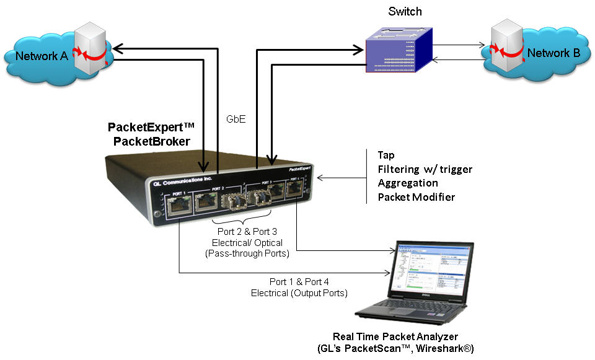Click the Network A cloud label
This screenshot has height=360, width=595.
[41, 56]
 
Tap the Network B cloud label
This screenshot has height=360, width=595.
[553, 53]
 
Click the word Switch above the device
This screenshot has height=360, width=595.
[405, 12]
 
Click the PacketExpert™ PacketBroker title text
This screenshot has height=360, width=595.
[151, 134]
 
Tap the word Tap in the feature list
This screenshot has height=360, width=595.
[387, 155]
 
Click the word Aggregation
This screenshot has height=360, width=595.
[408, 183]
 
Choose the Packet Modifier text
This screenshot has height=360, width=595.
[416, 198]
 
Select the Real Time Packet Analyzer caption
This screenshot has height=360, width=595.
[403, 337]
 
